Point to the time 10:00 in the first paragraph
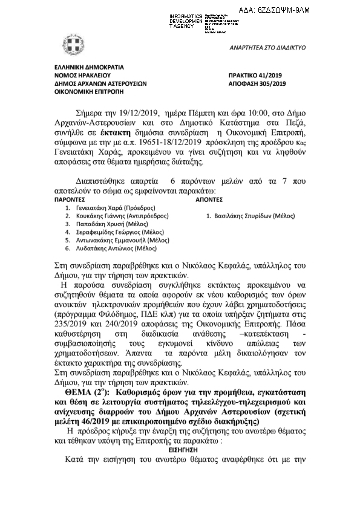(257, 112)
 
